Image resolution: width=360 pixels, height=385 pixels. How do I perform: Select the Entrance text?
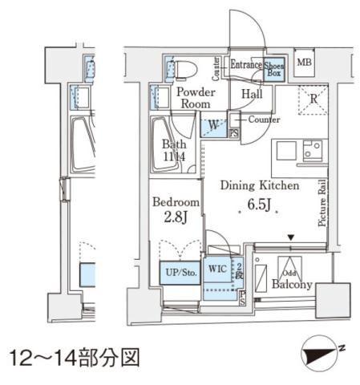pos(247,64)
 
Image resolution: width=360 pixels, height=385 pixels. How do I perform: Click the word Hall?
pos(251,94)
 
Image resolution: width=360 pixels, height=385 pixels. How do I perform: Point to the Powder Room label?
pos(193,98)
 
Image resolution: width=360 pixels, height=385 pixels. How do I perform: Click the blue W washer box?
pos(212,126)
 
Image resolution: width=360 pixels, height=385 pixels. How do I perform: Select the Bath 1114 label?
pos(174,151)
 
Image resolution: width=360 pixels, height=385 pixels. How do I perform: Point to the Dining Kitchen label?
pos(260,185)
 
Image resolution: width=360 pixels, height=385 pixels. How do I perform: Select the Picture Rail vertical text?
pos(322,204)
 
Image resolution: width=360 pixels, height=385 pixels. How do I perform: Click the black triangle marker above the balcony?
pos(290,237)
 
